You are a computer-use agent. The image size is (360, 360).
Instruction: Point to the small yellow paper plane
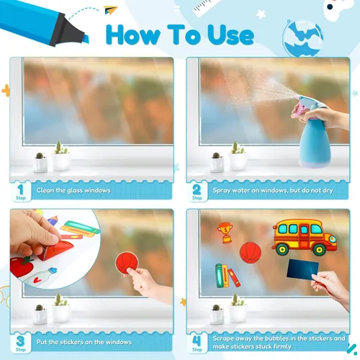(x=109, y=10)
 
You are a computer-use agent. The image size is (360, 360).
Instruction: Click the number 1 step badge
(x=21, y=190)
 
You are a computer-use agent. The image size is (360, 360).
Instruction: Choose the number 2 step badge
(x=197, y=190)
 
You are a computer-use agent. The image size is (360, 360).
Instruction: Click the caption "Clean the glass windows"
(x=74, y=191)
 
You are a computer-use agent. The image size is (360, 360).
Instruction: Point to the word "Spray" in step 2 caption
(x=222, y=191)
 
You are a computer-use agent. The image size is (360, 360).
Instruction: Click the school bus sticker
(x=303, y=237)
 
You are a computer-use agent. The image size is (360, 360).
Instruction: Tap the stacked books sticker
(x=227, y=275)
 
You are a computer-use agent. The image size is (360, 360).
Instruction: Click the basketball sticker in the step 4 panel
(x=249, y=252)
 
